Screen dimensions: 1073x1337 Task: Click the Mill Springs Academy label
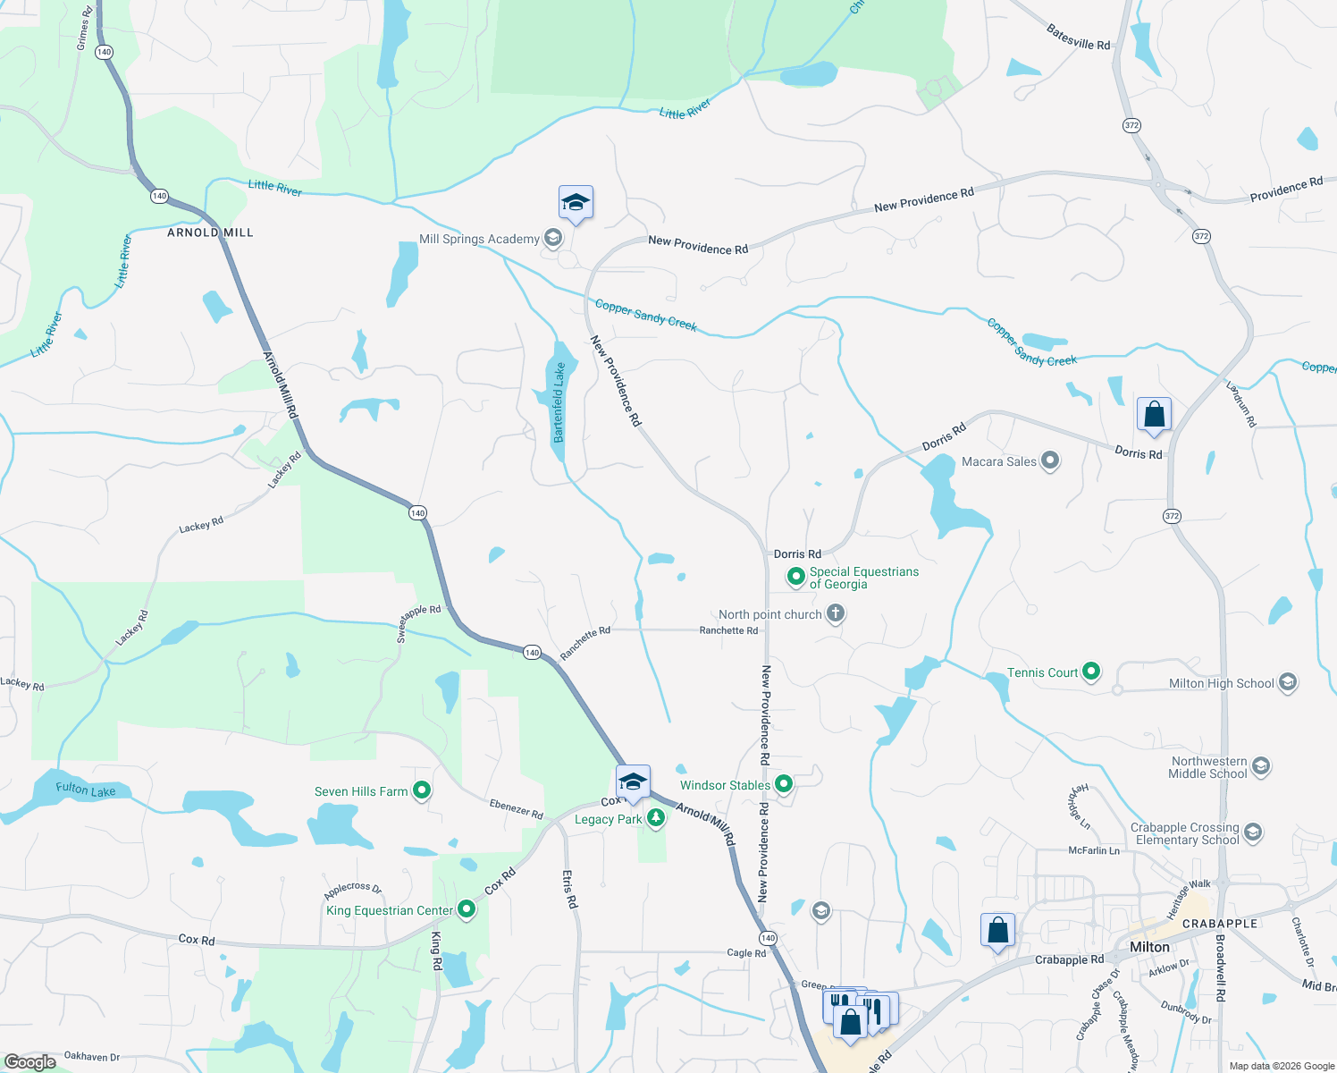point(479,239)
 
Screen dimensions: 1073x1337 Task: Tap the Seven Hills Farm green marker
point(423,790)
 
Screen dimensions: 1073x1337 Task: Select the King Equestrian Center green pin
point(467,909)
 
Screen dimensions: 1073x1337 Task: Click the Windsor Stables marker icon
point(784,784)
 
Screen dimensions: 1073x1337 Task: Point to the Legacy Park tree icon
point(656,817)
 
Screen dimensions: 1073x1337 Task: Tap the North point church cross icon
point(836,613)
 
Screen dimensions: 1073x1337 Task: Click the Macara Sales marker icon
point(1050,460)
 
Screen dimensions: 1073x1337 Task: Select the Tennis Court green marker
point(1091,672)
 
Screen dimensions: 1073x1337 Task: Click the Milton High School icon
point(1288,682)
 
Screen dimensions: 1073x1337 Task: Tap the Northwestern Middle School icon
point(1261,766)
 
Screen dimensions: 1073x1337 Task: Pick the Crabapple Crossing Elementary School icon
point(1253,832)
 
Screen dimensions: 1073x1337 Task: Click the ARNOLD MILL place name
point(211,232)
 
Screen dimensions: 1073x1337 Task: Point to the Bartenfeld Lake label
point(559,402)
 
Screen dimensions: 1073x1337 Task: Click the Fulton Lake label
point(86,790)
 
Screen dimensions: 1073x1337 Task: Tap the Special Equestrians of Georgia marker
point(795,577)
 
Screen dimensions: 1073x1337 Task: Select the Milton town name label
point(1149,947)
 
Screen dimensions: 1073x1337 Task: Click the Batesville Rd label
point(1079,38)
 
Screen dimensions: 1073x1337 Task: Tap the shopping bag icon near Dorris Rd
point(1154,415)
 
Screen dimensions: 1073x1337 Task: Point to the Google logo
point(29,1061)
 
